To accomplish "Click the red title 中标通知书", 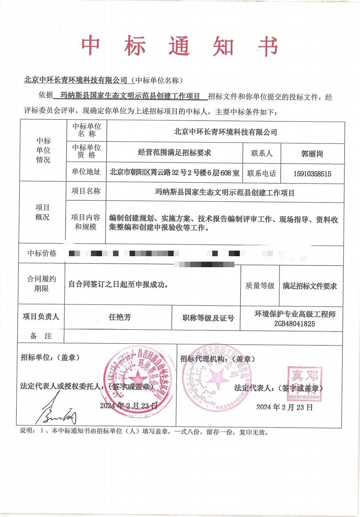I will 180,46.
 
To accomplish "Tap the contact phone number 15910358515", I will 312,174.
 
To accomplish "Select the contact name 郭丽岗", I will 312,154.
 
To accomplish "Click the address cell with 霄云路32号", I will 174,173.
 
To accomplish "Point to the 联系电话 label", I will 261,174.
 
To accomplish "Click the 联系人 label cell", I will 262,153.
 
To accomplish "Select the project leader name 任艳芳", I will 120,317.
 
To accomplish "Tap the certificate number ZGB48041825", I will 294,324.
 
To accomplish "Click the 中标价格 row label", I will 42,254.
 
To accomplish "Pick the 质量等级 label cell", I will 260,286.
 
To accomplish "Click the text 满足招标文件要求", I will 310,286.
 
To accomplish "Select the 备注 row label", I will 41,336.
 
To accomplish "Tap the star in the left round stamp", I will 137,380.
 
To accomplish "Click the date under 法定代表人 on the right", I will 284,407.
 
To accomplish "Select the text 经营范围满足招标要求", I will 174,153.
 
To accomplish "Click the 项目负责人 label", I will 41,317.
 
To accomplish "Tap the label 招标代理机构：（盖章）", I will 217,359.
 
